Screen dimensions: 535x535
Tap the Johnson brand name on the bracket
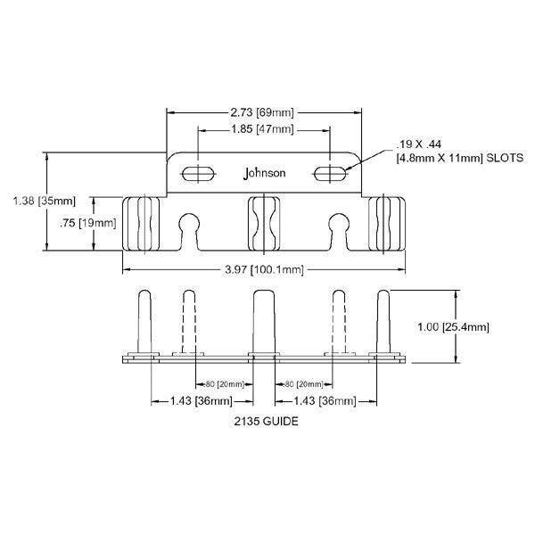(265, 173)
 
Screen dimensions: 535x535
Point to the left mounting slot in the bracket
(196, 173)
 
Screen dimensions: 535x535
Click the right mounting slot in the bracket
(331, 173)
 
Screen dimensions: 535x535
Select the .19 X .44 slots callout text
(445, 152)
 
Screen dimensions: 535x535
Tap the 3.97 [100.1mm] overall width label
(265, 269)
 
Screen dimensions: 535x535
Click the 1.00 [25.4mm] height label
(452, 327)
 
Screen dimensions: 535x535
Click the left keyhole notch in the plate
(187, 226)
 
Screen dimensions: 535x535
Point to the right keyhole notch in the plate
(338, 226)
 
